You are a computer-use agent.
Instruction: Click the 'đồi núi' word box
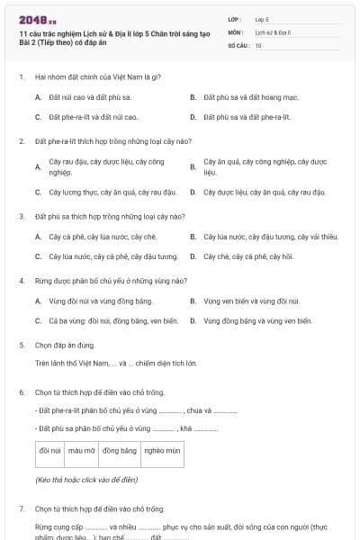[x=50, y=450]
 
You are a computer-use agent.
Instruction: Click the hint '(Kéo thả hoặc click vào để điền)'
[x=86, y=481]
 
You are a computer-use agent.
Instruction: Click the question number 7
[x=22, y=508]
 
